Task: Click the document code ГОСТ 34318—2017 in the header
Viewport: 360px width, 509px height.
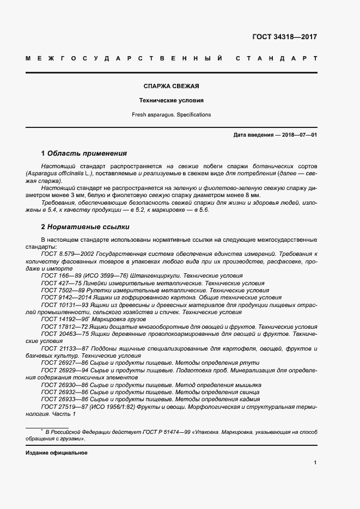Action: click(284, 37)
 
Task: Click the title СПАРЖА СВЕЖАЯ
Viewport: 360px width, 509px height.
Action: click(171, 86)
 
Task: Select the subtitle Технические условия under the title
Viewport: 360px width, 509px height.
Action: click(171, 101)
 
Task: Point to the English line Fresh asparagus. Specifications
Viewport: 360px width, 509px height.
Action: click(171, 115)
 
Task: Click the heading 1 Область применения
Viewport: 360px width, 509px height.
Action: click(84, 154)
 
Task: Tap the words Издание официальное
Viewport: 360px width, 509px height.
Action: click(56, 453)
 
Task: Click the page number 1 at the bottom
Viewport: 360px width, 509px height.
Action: click(315, 463)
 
